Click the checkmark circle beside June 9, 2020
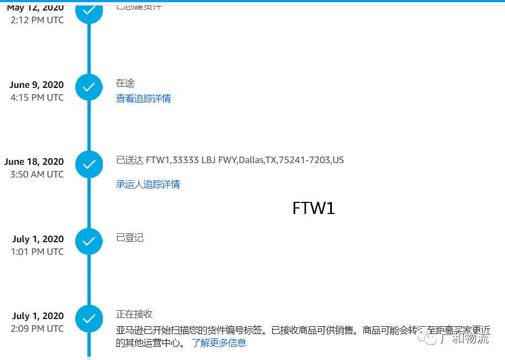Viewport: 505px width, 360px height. [89, 87]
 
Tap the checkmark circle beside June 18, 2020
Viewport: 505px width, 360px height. [89, 164]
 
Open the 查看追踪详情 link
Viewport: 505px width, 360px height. [143, 98]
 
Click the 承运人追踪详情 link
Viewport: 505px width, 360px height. [148, 184]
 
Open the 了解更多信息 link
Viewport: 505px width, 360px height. [219, 343]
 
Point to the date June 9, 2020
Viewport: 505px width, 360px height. [37, 85]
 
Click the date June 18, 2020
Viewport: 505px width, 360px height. [34, 161]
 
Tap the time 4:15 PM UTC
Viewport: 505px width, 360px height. [37, 97]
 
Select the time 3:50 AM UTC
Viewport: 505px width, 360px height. [37, 174]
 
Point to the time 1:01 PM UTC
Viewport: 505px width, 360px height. [37, 252]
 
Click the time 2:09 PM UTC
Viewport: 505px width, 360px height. [37, 328]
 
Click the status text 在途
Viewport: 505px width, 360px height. [125, 83]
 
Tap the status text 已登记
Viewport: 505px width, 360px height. [129, 237]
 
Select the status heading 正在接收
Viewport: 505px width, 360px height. [134, 314]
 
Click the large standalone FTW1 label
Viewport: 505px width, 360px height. [314, 208]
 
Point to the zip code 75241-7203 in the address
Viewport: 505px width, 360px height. [304, 160]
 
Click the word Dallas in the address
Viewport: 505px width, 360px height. [251, 160]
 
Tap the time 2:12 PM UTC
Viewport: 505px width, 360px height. [37, 20]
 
